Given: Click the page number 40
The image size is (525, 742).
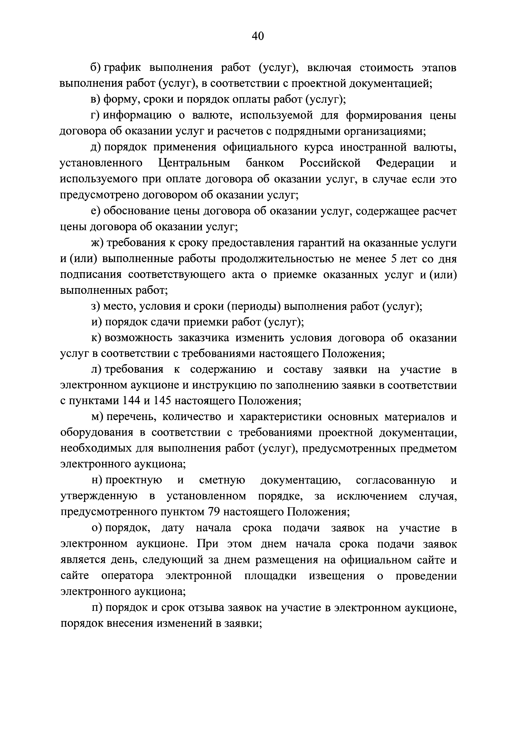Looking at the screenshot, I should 258,36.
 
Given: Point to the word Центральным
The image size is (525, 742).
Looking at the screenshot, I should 194,163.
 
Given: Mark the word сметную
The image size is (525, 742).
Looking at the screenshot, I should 222,481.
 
